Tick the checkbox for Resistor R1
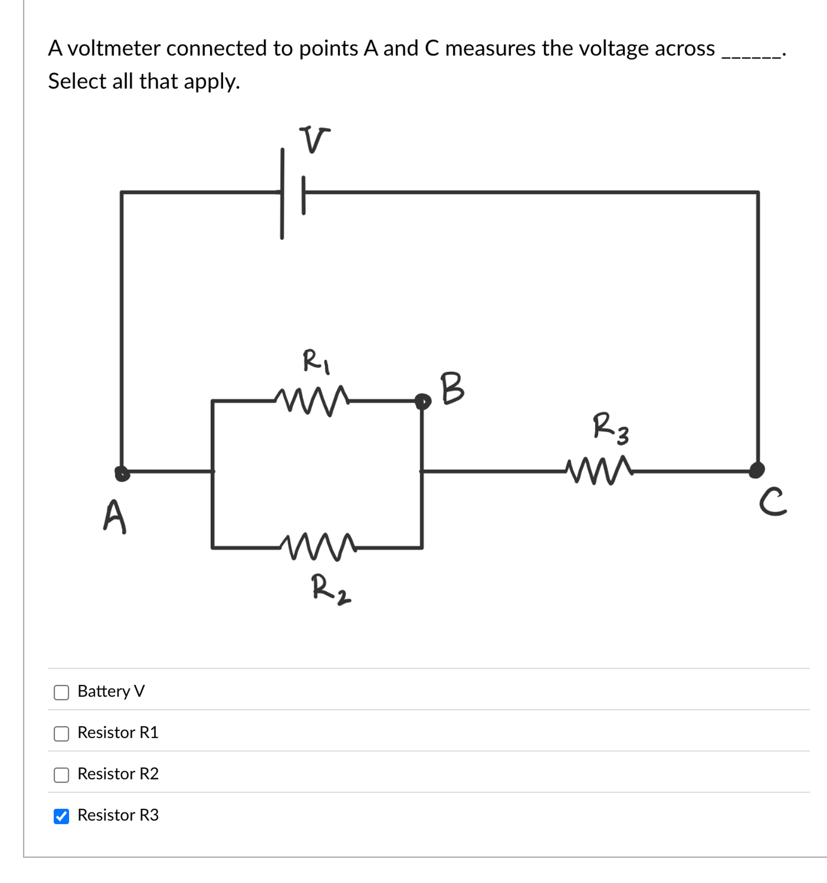point(61,734)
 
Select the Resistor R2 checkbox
point(61,775)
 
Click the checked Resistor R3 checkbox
point(61,816)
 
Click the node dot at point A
point(122,473)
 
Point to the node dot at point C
point(757,470)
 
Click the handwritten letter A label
point(115,516)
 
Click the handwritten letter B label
point(452,388)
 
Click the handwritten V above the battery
point(314,139)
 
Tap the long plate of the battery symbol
point(282,194)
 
